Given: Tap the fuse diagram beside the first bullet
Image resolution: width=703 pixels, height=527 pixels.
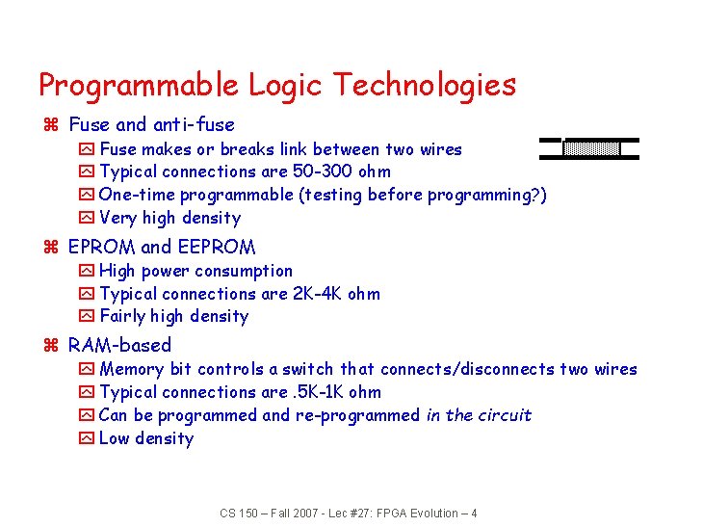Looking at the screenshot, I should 590,148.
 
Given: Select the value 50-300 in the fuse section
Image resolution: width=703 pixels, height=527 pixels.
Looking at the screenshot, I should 322,171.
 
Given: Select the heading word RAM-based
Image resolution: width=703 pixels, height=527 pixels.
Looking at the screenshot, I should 119,345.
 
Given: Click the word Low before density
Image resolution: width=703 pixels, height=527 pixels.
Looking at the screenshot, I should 116,438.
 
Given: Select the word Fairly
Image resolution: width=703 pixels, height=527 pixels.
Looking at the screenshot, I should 124,316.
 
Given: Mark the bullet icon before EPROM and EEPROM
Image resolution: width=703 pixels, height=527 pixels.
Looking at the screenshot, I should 55,248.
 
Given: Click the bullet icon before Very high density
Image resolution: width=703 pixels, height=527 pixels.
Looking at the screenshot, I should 87,218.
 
